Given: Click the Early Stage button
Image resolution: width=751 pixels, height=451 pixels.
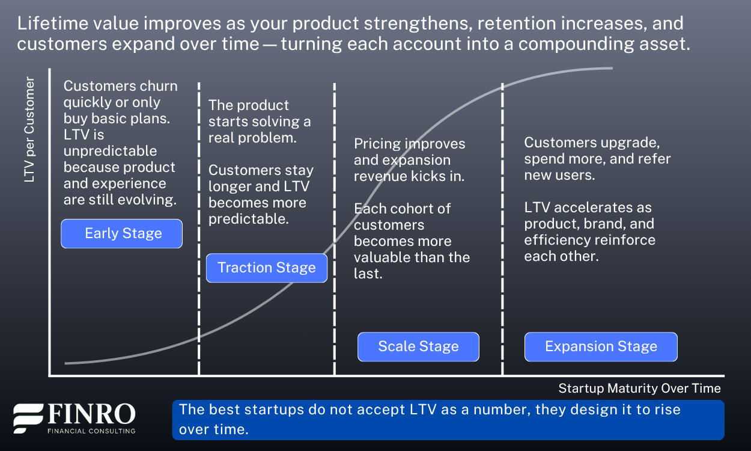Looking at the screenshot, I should tap(121, 234).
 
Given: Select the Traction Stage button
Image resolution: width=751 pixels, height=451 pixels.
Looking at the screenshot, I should tap(266, 268).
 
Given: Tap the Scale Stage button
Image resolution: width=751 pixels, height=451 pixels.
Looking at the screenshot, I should tap(418, 347).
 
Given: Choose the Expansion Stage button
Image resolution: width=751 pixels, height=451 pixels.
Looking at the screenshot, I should tap(601, 347).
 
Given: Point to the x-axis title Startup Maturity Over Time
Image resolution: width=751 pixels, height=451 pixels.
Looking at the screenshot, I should tap(639, 388).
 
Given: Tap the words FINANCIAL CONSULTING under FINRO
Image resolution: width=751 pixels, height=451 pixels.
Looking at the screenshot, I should tap(91, 431).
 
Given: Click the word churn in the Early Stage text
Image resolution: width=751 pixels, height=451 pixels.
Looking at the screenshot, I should tap(159, 86).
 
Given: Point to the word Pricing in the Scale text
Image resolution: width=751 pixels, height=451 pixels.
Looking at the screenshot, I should tap(377, 144).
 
